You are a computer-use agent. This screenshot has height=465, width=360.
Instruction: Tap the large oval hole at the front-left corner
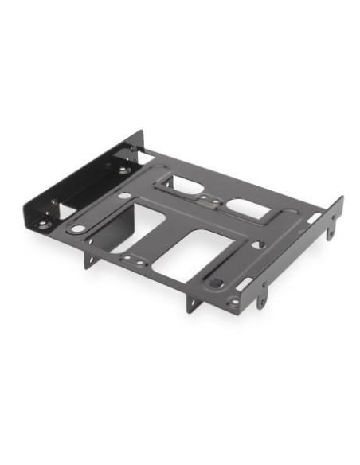77,229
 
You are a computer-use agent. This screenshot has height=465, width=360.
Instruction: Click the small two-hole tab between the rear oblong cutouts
208,199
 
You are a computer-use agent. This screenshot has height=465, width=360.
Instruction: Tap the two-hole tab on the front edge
131,259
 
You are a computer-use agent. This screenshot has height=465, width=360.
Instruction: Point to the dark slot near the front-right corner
217,282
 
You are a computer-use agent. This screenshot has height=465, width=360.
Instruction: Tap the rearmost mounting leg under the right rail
331,232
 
